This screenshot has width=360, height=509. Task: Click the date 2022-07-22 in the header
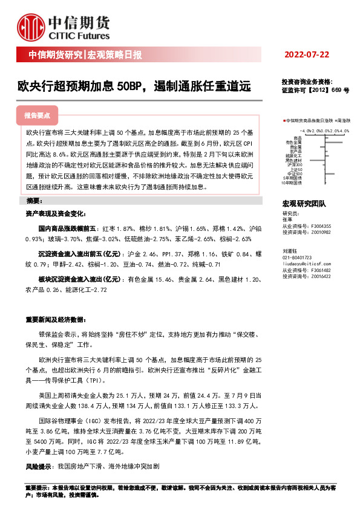(307, 55)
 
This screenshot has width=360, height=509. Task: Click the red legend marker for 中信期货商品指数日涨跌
(284, 121)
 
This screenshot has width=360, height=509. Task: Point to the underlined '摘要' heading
(34, 200)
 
